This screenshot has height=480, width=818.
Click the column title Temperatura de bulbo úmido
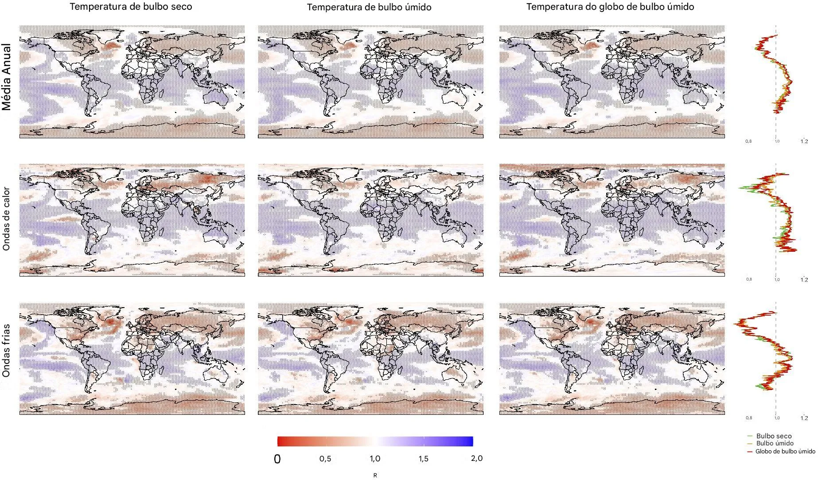(369, 7)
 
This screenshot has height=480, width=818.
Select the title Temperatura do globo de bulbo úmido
(610, 7)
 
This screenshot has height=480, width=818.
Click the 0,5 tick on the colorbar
(325, 459)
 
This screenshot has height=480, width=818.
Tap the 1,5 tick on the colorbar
(423, 459)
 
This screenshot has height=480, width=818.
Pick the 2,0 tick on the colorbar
(476, 458)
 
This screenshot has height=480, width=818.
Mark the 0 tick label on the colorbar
(277, 459)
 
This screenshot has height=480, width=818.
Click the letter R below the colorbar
(375, 476)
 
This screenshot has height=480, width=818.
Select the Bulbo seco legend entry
(774, 436)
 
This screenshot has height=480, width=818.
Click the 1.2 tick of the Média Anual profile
(804, 141)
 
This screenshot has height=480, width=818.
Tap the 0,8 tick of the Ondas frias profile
(748, 418)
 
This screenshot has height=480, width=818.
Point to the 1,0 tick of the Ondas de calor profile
(777, 280)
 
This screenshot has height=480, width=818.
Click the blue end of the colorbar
(470, 441)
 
